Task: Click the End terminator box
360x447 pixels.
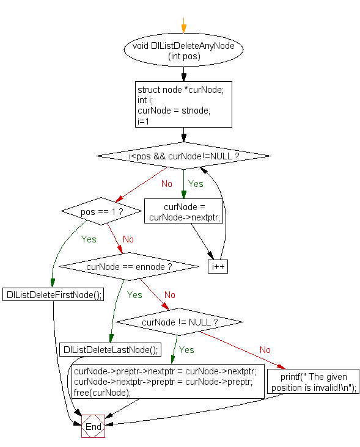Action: click(x=93, y=426)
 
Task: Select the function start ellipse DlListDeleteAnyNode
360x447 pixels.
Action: click(x=183, y=50)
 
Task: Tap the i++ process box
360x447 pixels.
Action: click(x=218, y=267)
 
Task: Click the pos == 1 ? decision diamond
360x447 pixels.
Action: click(x=102, y=211)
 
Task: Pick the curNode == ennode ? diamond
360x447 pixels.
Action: click(x=128, y=267)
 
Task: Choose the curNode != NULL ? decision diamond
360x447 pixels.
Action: click(x=179, y=322)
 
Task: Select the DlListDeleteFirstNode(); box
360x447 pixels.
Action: click(x=53, y=294)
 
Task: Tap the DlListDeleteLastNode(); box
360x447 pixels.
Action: click(x=110, y=349)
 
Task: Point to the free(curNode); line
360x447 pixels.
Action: click(x=103, y=393)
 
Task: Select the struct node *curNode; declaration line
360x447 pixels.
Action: click(x=181, y=90)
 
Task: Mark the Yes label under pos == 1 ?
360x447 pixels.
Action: click(x=89, y=239)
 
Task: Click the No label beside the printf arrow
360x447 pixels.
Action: click(x=265, y=349)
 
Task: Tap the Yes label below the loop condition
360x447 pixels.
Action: click(x=196, y=183)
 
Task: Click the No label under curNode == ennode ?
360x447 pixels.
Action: click(x=170, y=294)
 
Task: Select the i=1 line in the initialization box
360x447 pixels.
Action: click(x=144, y=121)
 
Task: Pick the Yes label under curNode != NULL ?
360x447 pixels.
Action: click(x=186, y=349)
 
